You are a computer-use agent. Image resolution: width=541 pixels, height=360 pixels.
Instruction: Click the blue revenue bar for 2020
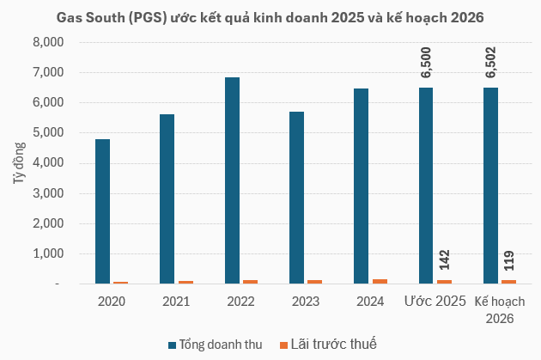click(102, 211)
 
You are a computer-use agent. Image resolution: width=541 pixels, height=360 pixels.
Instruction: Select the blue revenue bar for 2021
click(167, 198)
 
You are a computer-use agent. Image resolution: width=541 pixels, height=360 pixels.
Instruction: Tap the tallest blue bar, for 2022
click(232, 180)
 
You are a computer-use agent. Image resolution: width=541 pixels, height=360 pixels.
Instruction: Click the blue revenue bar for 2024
click(362, 186)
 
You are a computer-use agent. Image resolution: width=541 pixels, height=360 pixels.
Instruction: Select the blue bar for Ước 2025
click(426, 186)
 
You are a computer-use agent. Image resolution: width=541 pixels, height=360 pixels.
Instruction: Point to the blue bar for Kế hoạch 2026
click(491, 186)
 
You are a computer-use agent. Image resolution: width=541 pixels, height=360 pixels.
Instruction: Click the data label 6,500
click(426, 63)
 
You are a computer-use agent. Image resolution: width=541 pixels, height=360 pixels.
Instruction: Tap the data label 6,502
click(491, 63)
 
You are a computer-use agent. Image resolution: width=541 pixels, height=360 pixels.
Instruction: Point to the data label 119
click(508, 260)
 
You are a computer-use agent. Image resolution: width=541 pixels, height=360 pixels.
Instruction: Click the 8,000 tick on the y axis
click(48, 42)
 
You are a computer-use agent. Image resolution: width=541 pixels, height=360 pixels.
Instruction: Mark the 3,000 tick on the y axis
click(48, 193)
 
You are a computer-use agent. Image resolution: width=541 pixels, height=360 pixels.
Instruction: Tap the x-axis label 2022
click(240, 302)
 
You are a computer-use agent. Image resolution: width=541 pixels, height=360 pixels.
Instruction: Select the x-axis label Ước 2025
click(435, 302)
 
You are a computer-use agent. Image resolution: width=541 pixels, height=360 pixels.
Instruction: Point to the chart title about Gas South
click(270, 16)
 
